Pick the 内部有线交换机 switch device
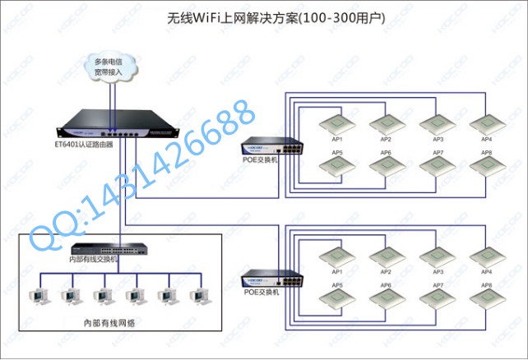tap(104, 249)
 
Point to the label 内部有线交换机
tap(94, 261)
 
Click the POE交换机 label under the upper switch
tap(262, 160)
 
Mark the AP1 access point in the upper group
tap(336, 124)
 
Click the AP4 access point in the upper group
tap(487, 124)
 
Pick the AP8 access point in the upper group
tap(487, 164)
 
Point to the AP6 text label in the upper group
tap(386, 153)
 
